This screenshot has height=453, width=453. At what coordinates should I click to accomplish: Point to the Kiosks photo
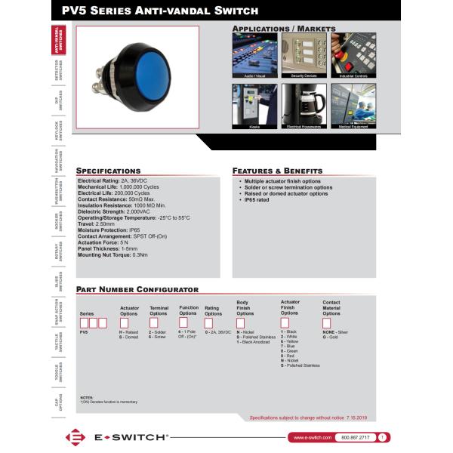point(253,106)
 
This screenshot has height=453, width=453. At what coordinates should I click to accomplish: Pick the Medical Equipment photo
point(353,106)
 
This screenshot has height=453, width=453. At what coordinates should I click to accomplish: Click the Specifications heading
point(109,171)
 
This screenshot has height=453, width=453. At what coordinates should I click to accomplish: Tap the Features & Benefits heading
point(277,171)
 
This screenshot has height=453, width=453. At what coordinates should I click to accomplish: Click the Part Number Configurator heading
point(137,289)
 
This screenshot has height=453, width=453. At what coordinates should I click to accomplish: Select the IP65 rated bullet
point(257,199)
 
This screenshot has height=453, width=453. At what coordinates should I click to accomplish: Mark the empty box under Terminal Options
point(155,321)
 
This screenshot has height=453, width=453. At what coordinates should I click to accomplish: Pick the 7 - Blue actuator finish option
point(288,346)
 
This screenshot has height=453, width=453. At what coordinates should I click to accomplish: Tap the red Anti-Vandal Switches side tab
point(59,43)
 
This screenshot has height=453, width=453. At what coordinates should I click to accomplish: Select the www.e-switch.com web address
point(310,437)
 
